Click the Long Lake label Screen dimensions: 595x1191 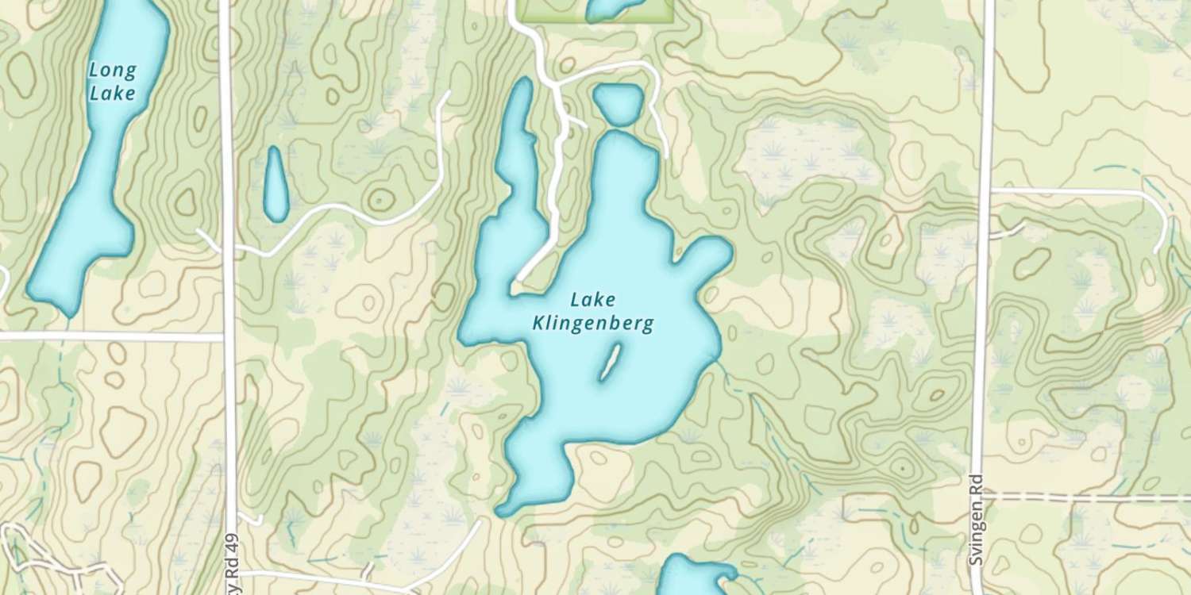tap(112, 82)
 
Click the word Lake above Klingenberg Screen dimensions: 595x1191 tap(592, 301)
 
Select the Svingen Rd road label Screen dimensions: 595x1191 tap(976, 520)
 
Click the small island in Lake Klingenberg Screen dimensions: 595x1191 tap(610, 362)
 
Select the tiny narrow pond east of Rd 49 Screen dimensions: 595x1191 tap(276, 184)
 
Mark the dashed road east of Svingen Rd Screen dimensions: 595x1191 tap(1088, 497)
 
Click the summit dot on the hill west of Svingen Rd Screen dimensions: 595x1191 tap(902, 470)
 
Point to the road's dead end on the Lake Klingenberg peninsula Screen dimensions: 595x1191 tap(518, 280)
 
